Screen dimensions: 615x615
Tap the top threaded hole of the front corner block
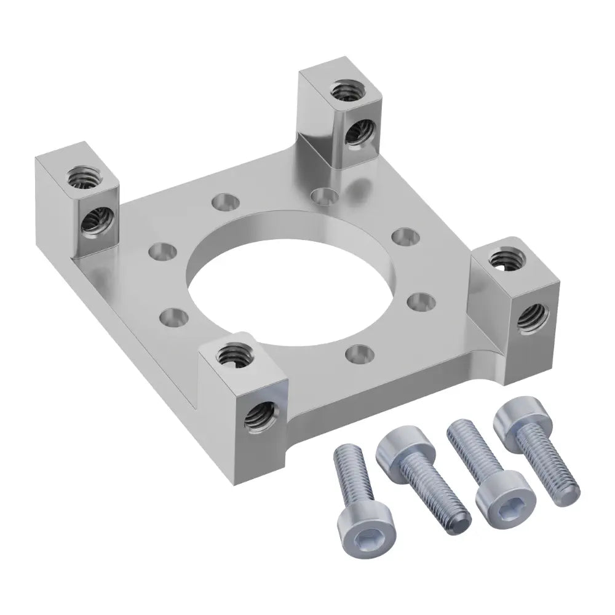(232, 353)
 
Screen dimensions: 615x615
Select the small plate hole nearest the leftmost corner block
(164, 250)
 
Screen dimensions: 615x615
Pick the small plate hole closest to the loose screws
(359, 353)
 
